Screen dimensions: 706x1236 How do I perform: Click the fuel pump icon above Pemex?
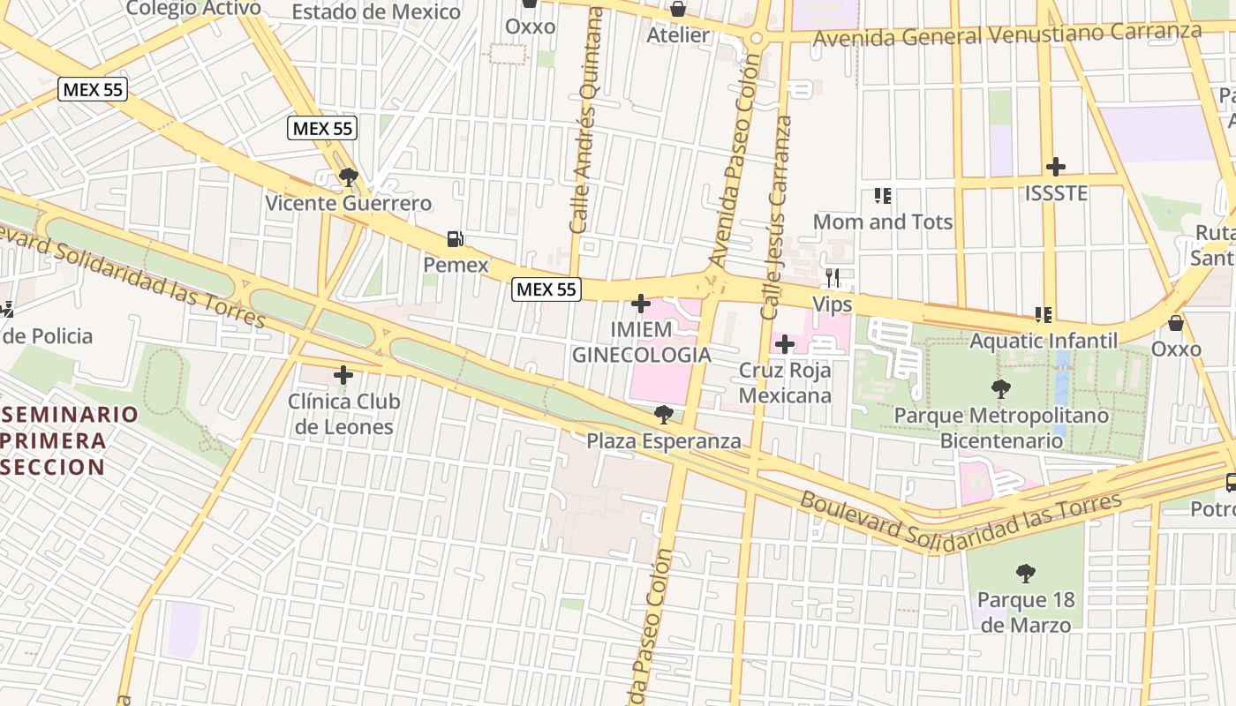(x=455, y=238)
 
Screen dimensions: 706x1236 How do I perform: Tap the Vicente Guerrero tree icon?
(x=349, y=177)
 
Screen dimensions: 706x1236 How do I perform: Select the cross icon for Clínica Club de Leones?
(x=343, y=375)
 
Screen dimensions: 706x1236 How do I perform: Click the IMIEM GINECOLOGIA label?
(x=641, y=342)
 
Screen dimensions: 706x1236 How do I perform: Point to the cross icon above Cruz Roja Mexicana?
(x=784, y=344)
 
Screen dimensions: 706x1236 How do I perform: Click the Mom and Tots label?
(x=882, y=222)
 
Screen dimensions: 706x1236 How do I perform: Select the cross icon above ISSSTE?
(x=1055, y=166)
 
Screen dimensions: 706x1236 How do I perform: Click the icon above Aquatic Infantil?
(x=1044, y=315)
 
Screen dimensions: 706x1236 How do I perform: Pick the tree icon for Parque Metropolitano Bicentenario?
(x=1001, y=389)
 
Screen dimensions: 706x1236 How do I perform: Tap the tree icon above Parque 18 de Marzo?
(x=1026, y=575)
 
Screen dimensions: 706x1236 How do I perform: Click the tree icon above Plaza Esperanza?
(x=664, y=415)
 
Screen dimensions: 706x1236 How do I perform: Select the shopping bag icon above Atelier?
(x=678, y=10)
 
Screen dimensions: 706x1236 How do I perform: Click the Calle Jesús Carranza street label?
(x=774, y=217)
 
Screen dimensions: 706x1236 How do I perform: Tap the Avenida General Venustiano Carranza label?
(x=1007, y=35)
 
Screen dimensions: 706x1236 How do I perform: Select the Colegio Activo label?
(x=193, y=9)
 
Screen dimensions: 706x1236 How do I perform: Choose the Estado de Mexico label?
(x=376, y=12)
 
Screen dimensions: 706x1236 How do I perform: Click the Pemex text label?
(x=456, y=265)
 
